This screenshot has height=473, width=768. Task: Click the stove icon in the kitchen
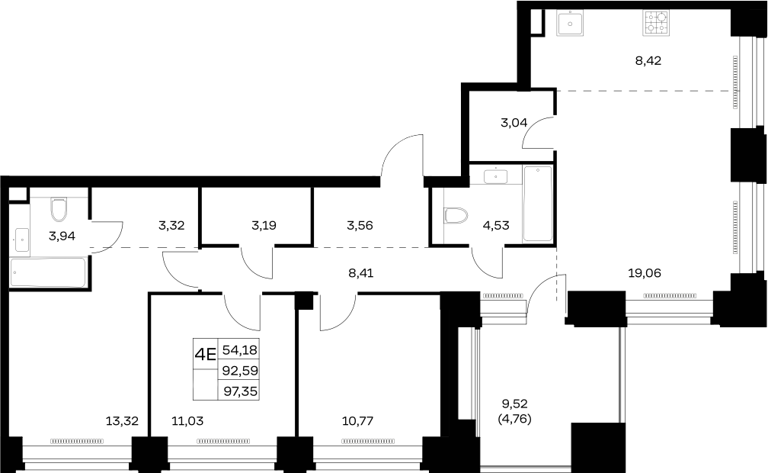click(x=656, y=23)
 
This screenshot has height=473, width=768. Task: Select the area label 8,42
click(x=648, y=61)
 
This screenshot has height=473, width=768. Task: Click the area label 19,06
click(x=644, y=273)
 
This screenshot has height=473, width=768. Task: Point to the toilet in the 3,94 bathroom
click(x=59, y=210)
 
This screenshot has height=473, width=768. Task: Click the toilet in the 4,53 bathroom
click(x=456, y=215)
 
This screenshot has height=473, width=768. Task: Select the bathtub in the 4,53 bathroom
click(x=538, y=204)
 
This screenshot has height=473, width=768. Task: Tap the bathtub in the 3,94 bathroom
click(x=48, y=272)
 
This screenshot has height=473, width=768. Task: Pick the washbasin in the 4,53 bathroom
click(x=495, y=176)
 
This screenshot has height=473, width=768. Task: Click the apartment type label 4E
click(x=205, y=354)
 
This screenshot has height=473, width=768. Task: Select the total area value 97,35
click(x=241, y=391)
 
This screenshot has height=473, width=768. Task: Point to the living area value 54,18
click(x=239, y=350)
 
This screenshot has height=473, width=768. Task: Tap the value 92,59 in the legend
click(x=240, y=371)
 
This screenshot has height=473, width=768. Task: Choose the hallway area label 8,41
click(x=360, y=273)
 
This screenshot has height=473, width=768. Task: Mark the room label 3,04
click(x=514, y=123)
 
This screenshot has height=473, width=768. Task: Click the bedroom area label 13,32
click(x=122, y=421)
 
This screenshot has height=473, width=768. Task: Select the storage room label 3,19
click(x=264, y=226)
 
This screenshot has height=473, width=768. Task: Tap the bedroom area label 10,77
click(x=357, y=421)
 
